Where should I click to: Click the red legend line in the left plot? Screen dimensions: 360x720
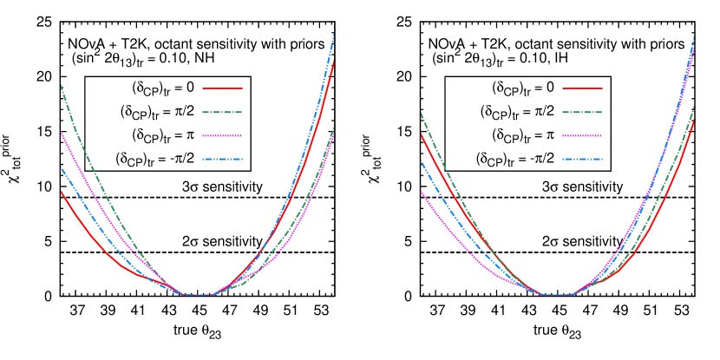pos(222,88)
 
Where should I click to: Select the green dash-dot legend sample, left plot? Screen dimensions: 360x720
pos(222,112)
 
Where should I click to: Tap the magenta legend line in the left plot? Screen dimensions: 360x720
pos(222,136)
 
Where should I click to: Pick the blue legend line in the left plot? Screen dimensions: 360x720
pos(222,160)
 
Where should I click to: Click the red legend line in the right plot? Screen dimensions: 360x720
pos(582,88)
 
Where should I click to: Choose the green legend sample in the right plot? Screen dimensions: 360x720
pos(582,112)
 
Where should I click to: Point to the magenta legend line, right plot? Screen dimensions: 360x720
pos(582,136)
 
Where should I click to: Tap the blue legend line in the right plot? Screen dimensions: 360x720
pos(582,160)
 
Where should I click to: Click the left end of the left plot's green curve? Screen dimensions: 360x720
pos(61,84)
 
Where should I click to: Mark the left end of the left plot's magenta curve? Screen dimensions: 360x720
pos(61,132)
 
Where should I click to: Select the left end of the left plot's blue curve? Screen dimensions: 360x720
pos(61,167)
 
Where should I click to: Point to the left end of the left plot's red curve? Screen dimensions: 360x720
pos(61,191)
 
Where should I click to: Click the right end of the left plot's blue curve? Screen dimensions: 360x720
pos(334,34)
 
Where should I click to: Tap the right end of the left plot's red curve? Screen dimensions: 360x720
pos(334,61)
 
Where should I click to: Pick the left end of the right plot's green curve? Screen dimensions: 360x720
pos(421,113)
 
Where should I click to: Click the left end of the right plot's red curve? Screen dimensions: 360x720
pos(421,134)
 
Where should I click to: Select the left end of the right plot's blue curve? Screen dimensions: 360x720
pos(421,162)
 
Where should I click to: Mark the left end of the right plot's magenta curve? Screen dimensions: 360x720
pos(421,191)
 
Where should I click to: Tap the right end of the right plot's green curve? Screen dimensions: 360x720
pos(694,107)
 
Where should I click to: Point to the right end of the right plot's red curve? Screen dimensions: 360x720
pos(694,121)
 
